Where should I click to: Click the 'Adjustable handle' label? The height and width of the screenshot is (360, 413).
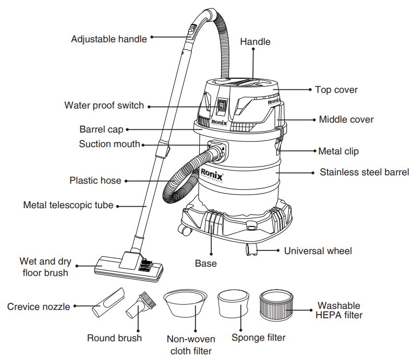click(x=109, y=39)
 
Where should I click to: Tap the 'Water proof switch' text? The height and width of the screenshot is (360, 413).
click(x=104, y=105)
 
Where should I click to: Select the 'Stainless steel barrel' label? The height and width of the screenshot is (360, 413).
click(x=364, y=172)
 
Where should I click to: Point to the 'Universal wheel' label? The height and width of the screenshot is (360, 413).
click(x=318, y=251)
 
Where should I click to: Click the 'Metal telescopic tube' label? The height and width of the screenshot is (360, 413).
click(x=68, y=205)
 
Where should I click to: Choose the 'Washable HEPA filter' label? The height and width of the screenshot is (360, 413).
click(x=339, y=310)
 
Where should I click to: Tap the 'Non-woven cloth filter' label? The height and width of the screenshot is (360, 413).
click(x=191, y=344)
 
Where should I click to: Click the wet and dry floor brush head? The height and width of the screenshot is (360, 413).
click(x=128, y=264)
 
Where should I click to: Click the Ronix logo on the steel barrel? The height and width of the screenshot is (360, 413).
click(x=212, y=175)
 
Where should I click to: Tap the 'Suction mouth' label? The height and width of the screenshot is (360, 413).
click(x=110, y=144)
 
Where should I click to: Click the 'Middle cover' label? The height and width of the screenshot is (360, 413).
click(x=346, y=119)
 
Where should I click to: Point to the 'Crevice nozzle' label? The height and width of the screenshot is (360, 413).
click(x=39, y=307)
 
